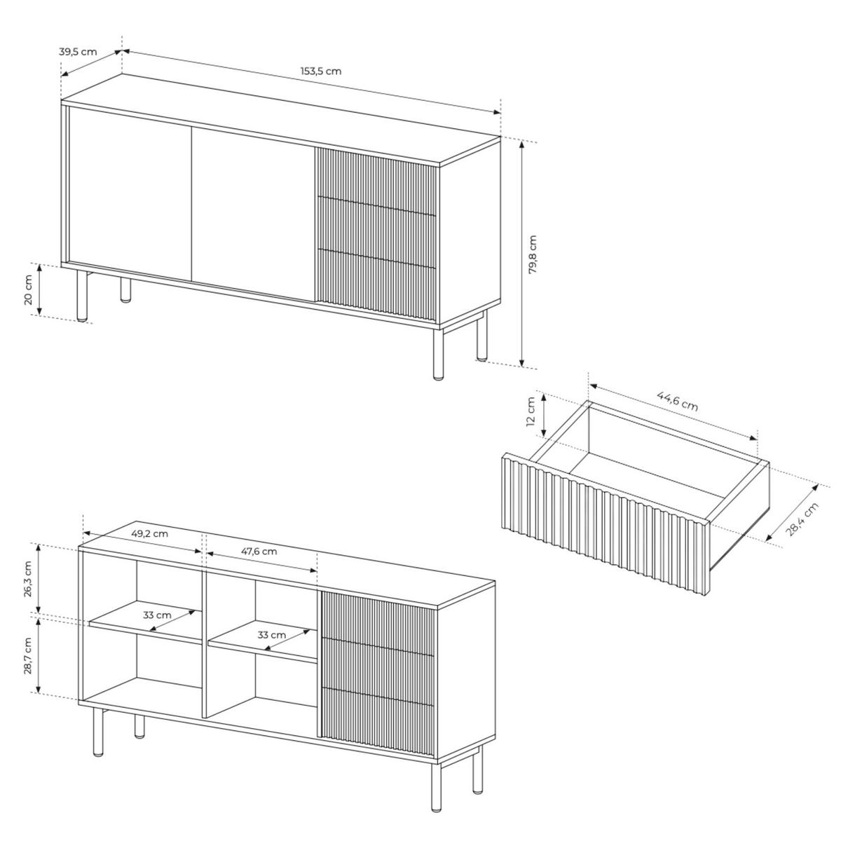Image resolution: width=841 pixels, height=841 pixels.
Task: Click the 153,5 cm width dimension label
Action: pyautogui.click(x=321, y=71)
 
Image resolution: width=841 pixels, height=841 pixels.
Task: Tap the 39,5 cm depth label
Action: pyautogui.click(x=78, y=52)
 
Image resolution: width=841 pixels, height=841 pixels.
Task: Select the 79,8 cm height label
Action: pyautogui.click(x=533, y=254)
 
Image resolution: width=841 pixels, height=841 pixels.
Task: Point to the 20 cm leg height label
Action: pyautogui.click(x=28, y=289)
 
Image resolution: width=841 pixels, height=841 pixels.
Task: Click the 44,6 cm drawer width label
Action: pyautogui.click(x=677, y=401)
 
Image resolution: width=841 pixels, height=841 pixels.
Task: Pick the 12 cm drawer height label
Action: pyautogui.click(x=531, y=411)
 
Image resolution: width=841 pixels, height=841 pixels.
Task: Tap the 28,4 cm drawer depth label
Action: pyautogui.click(x=802, y=519)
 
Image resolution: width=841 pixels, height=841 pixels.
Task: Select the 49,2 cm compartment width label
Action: pyautogui.click(x=149, y=533)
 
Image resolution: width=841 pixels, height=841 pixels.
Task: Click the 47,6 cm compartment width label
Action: pyautogui.click(x=259, y=552)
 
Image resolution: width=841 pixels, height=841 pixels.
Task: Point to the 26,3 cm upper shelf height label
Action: pyautogui.click(x=28, y=579)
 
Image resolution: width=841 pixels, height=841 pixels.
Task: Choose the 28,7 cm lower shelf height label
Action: pyautogui.click(x=28, y=655)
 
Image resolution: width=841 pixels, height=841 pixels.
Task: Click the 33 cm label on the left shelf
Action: pyautogui.click(x=157, y=615)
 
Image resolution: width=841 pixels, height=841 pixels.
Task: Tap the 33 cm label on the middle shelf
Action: pyautogui.click(x=271, y=634)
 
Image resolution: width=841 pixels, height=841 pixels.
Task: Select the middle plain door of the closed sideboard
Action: pyautogui.click(x=253, y=214)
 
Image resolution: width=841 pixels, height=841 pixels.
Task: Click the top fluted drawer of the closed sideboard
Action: pyautogui.click(x=376, y=181)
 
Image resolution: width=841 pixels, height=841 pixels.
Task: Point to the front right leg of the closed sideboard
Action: pyautogui.click(x=438, y=353)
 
